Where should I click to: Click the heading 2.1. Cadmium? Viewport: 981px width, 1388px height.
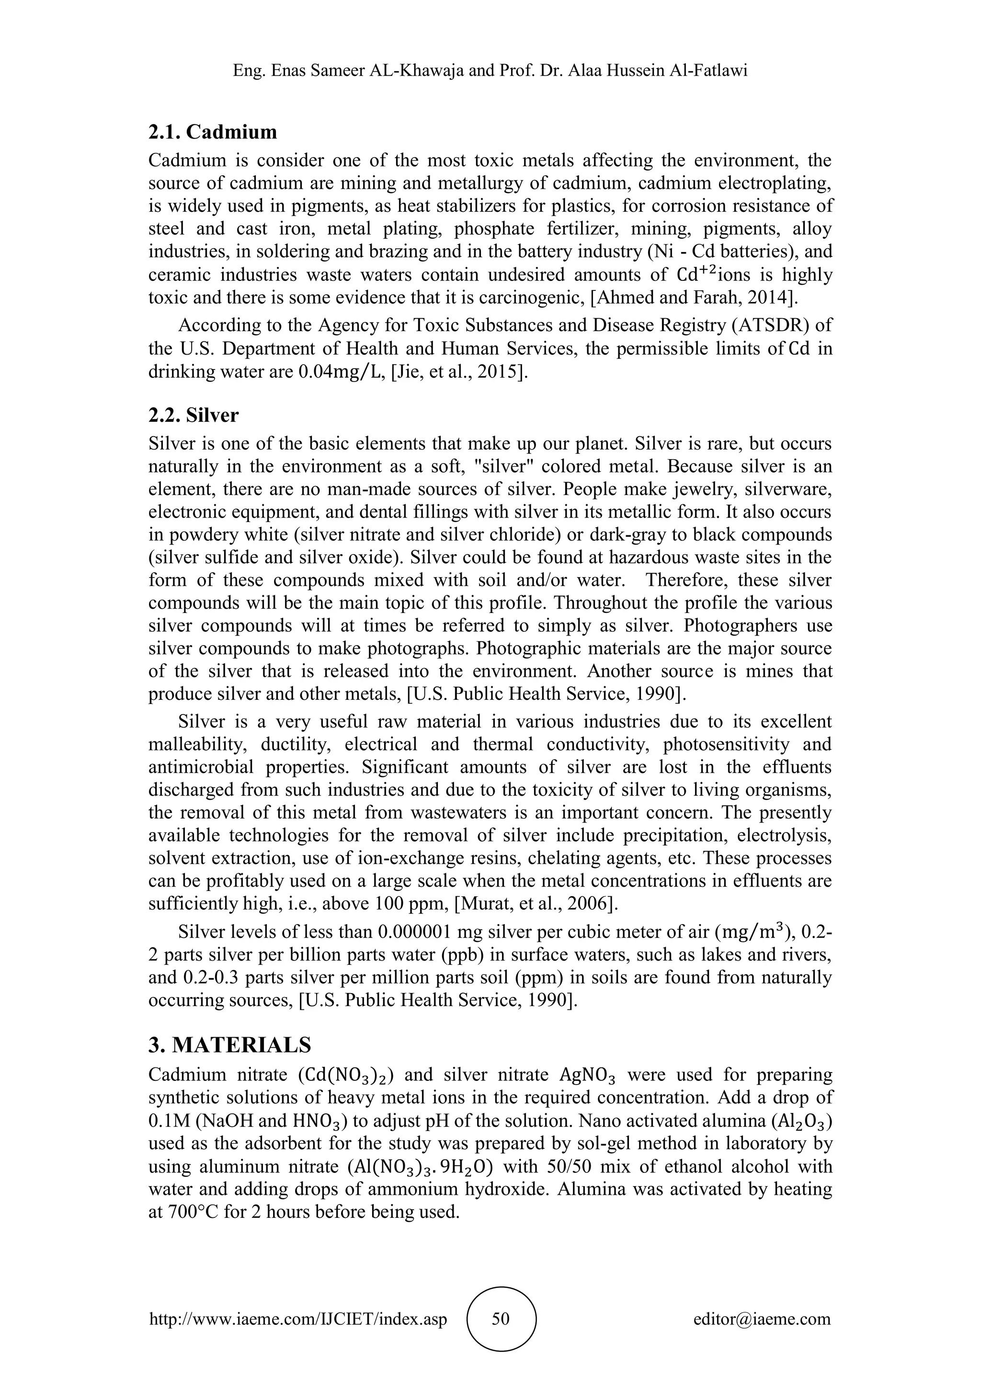point(213,131)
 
